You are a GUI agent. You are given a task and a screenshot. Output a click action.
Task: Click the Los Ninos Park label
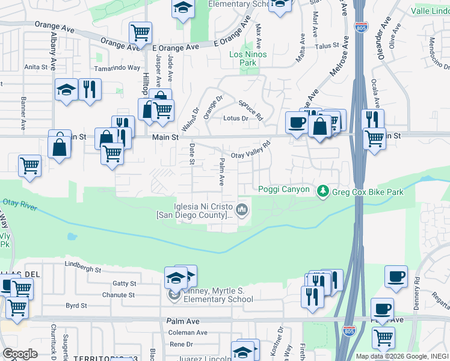247,58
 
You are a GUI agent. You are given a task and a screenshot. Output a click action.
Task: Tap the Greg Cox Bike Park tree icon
323,191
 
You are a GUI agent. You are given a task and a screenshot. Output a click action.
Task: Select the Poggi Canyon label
284,190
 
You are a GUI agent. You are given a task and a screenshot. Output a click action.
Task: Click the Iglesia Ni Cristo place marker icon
242,210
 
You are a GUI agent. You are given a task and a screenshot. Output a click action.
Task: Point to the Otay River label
20,205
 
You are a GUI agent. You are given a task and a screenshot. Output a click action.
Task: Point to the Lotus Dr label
236,119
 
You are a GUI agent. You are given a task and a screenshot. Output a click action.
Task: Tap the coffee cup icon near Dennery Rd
396,277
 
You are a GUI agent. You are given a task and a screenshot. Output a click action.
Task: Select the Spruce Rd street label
251,109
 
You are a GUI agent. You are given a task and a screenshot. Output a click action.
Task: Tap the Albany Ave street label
53,47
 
